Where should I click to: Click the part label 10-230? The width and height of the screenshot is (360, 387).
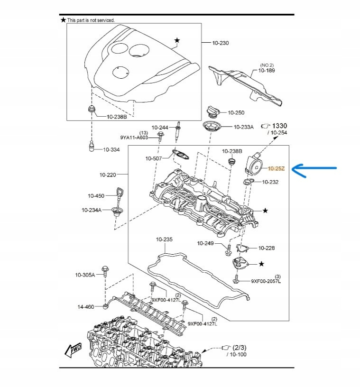coord(221,43)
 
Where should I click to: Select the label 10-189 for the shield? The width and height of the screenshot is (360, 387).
coord(267,71)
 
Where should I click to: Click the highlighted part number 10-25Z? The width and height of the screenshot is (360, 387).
coord(276,168)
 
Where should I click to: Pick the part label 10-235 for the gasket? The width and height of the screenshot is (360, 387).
coord(165,240)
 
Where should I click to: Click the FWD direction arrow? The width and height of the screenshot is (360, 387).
coord(74,350)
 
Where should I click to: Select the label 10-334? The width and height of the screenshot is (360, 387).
coord(111,149)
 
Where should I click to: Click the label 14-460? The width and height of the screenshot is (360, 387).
coord(86,307)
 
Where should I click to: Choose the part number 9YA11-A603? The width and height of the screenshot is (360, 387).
coord(134,138)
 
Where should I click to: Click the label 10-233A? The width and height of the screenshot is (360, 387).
coord(243,127)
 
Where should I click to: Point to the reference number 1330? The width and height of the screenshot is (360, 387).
coord(280,126)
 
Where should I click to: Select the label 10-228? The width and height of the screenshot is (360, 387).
coord(266,248)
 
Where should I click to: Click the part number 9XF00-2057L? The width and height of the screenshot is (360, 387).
coord(266,281)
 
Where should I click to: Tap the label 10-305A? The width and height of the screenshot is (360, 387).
coord(85,275)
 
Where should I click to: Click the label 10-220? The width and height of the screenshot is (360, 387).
coord(108,175)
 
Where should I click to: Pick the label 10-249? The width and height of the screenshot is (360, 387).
coord(206,243)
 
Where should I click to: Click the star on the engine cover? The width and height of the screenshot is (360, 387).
coord(177,41)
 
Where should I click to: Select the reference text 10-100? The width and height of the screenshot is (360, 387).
coord(237,354)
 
